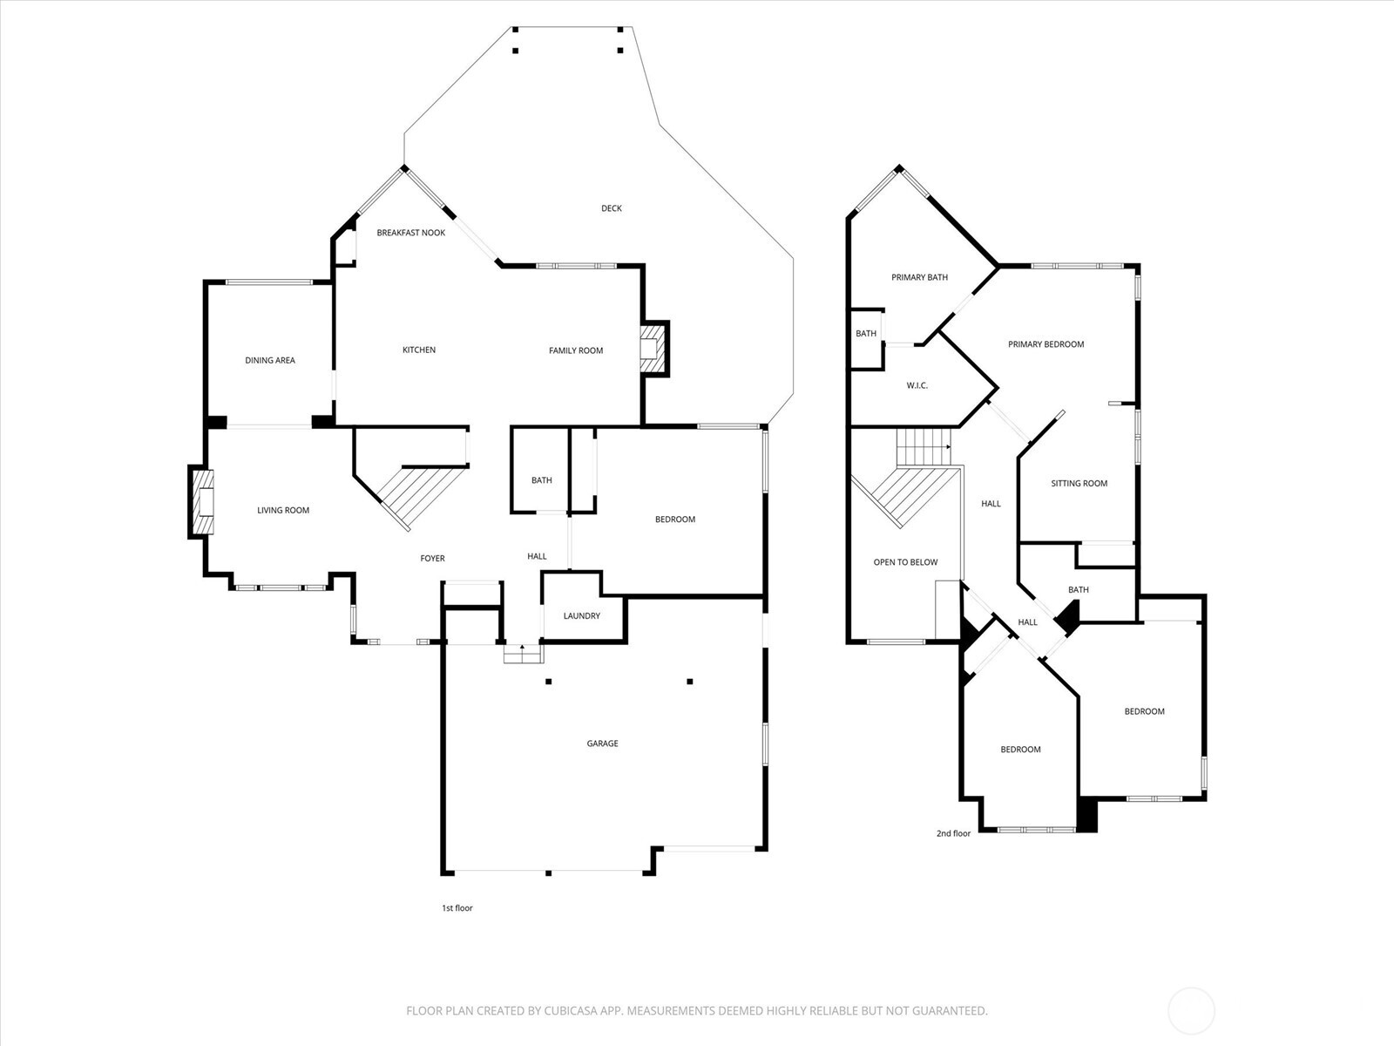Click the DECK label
point(612,208)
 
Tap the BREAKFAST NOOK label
point(411,233)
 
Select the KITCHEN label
point(419,350)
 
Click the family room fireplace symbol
point(652,349)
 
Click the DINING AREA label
point(270,360)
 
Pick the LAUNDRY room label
point(581,615)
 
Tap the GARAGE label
point(602,744)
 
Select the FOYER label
point(432,558)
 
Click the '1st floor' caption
point(457,908)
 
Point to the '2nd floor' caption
point(953,833)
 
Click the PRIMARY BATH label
point(919,277)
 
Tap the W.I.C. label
point(917,385)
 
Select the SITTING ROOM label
point(1079,483)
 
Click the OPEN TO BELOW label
point(905,562)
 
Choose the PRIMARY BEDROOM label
point(1045,344)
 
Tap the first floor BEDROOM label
point(675,520)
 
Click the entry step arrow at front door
point(521,649)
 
